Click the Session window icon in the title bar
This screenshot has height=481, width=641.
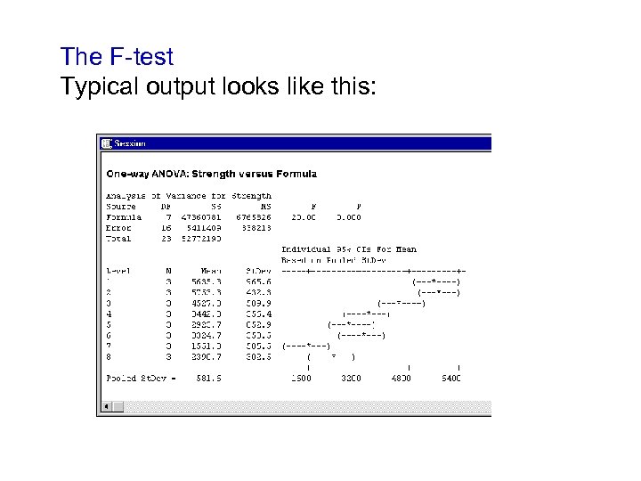pyautogui.click(x=106, y=143)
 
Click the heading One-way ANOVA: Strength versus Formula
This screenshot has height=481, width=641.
pyautogui.click(x=212, y=173)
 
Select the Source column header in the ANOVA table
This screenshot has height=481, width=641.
pyautogui.click(x=120, y=206)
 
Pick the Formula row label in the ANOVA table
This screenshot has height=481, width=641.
pyautogui.click(x=124, y=216)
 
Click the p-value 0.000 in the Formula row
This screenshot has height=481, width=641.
pyautogui.click(x=349, y=216)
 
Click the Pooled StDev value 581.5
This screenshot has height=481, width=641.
pyautogui.click(x=209, y=379)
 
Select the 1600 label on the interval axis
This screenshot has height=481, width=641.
pyautogui.click(x=302, y=379)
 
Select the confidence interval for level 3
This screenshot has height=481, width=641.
pyautogui.click(x=402, y=303)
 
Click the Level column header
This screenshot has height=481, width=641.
pyautogui.click(x=118, y=271)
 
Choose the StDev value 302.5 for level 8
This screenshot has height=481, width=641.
pyautogui.click(x=258, y=356)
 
